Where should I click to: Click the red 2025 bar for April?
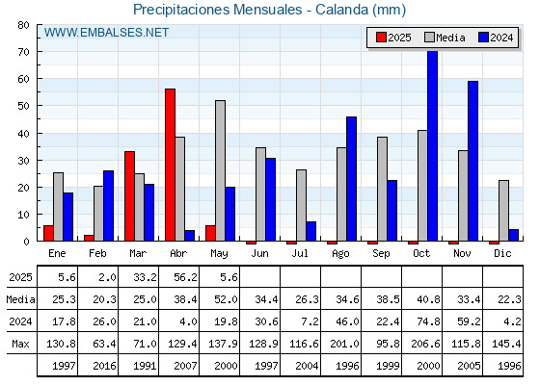[x=170, y=165]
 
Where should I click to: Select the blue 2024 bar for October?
[x=433, y=146]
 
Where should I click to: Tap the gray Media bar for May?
[x=221, y=170]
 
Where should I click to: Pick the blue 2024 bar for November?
[x=472, y=161]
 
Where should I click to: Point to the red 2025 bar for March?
[x=130, y=196]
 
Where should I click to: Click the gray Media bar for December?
[x=503, y=211]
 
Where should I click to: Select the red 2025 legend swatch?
[x=381, y=38]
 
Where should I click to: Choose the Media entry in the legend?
[x=445, y=38]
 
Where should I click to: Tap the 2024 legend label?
[x=501, y=38]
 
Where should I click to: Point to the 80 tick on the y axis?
[x=24, y=25]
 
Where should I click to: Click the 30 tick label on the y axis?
[x=24, y=161]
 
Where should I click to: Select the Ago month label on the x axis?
[x=340, y=254]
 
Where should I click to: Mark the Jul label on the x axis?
[x=300, y=253]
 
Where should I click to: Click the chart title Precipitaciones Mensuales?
[x=218, y=10]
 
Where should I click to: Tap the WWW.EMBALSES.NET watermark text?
[x=106, y=33]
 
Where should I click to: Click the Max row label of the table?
[x=20, y=344]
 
